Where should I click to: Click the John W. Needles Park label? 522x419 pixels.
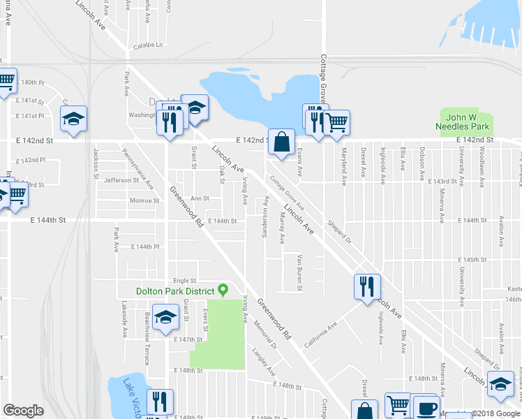pos(467,122)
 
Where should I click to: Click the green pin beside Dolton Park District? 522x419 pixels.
pos(223,289)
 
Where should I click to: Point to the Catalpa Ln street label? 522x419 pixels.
pos(147,46)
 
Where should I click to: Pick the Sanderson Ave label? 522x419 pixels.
pos(265,216)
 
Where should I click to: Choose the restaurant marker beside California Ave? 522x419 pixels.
pos(367,286)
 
